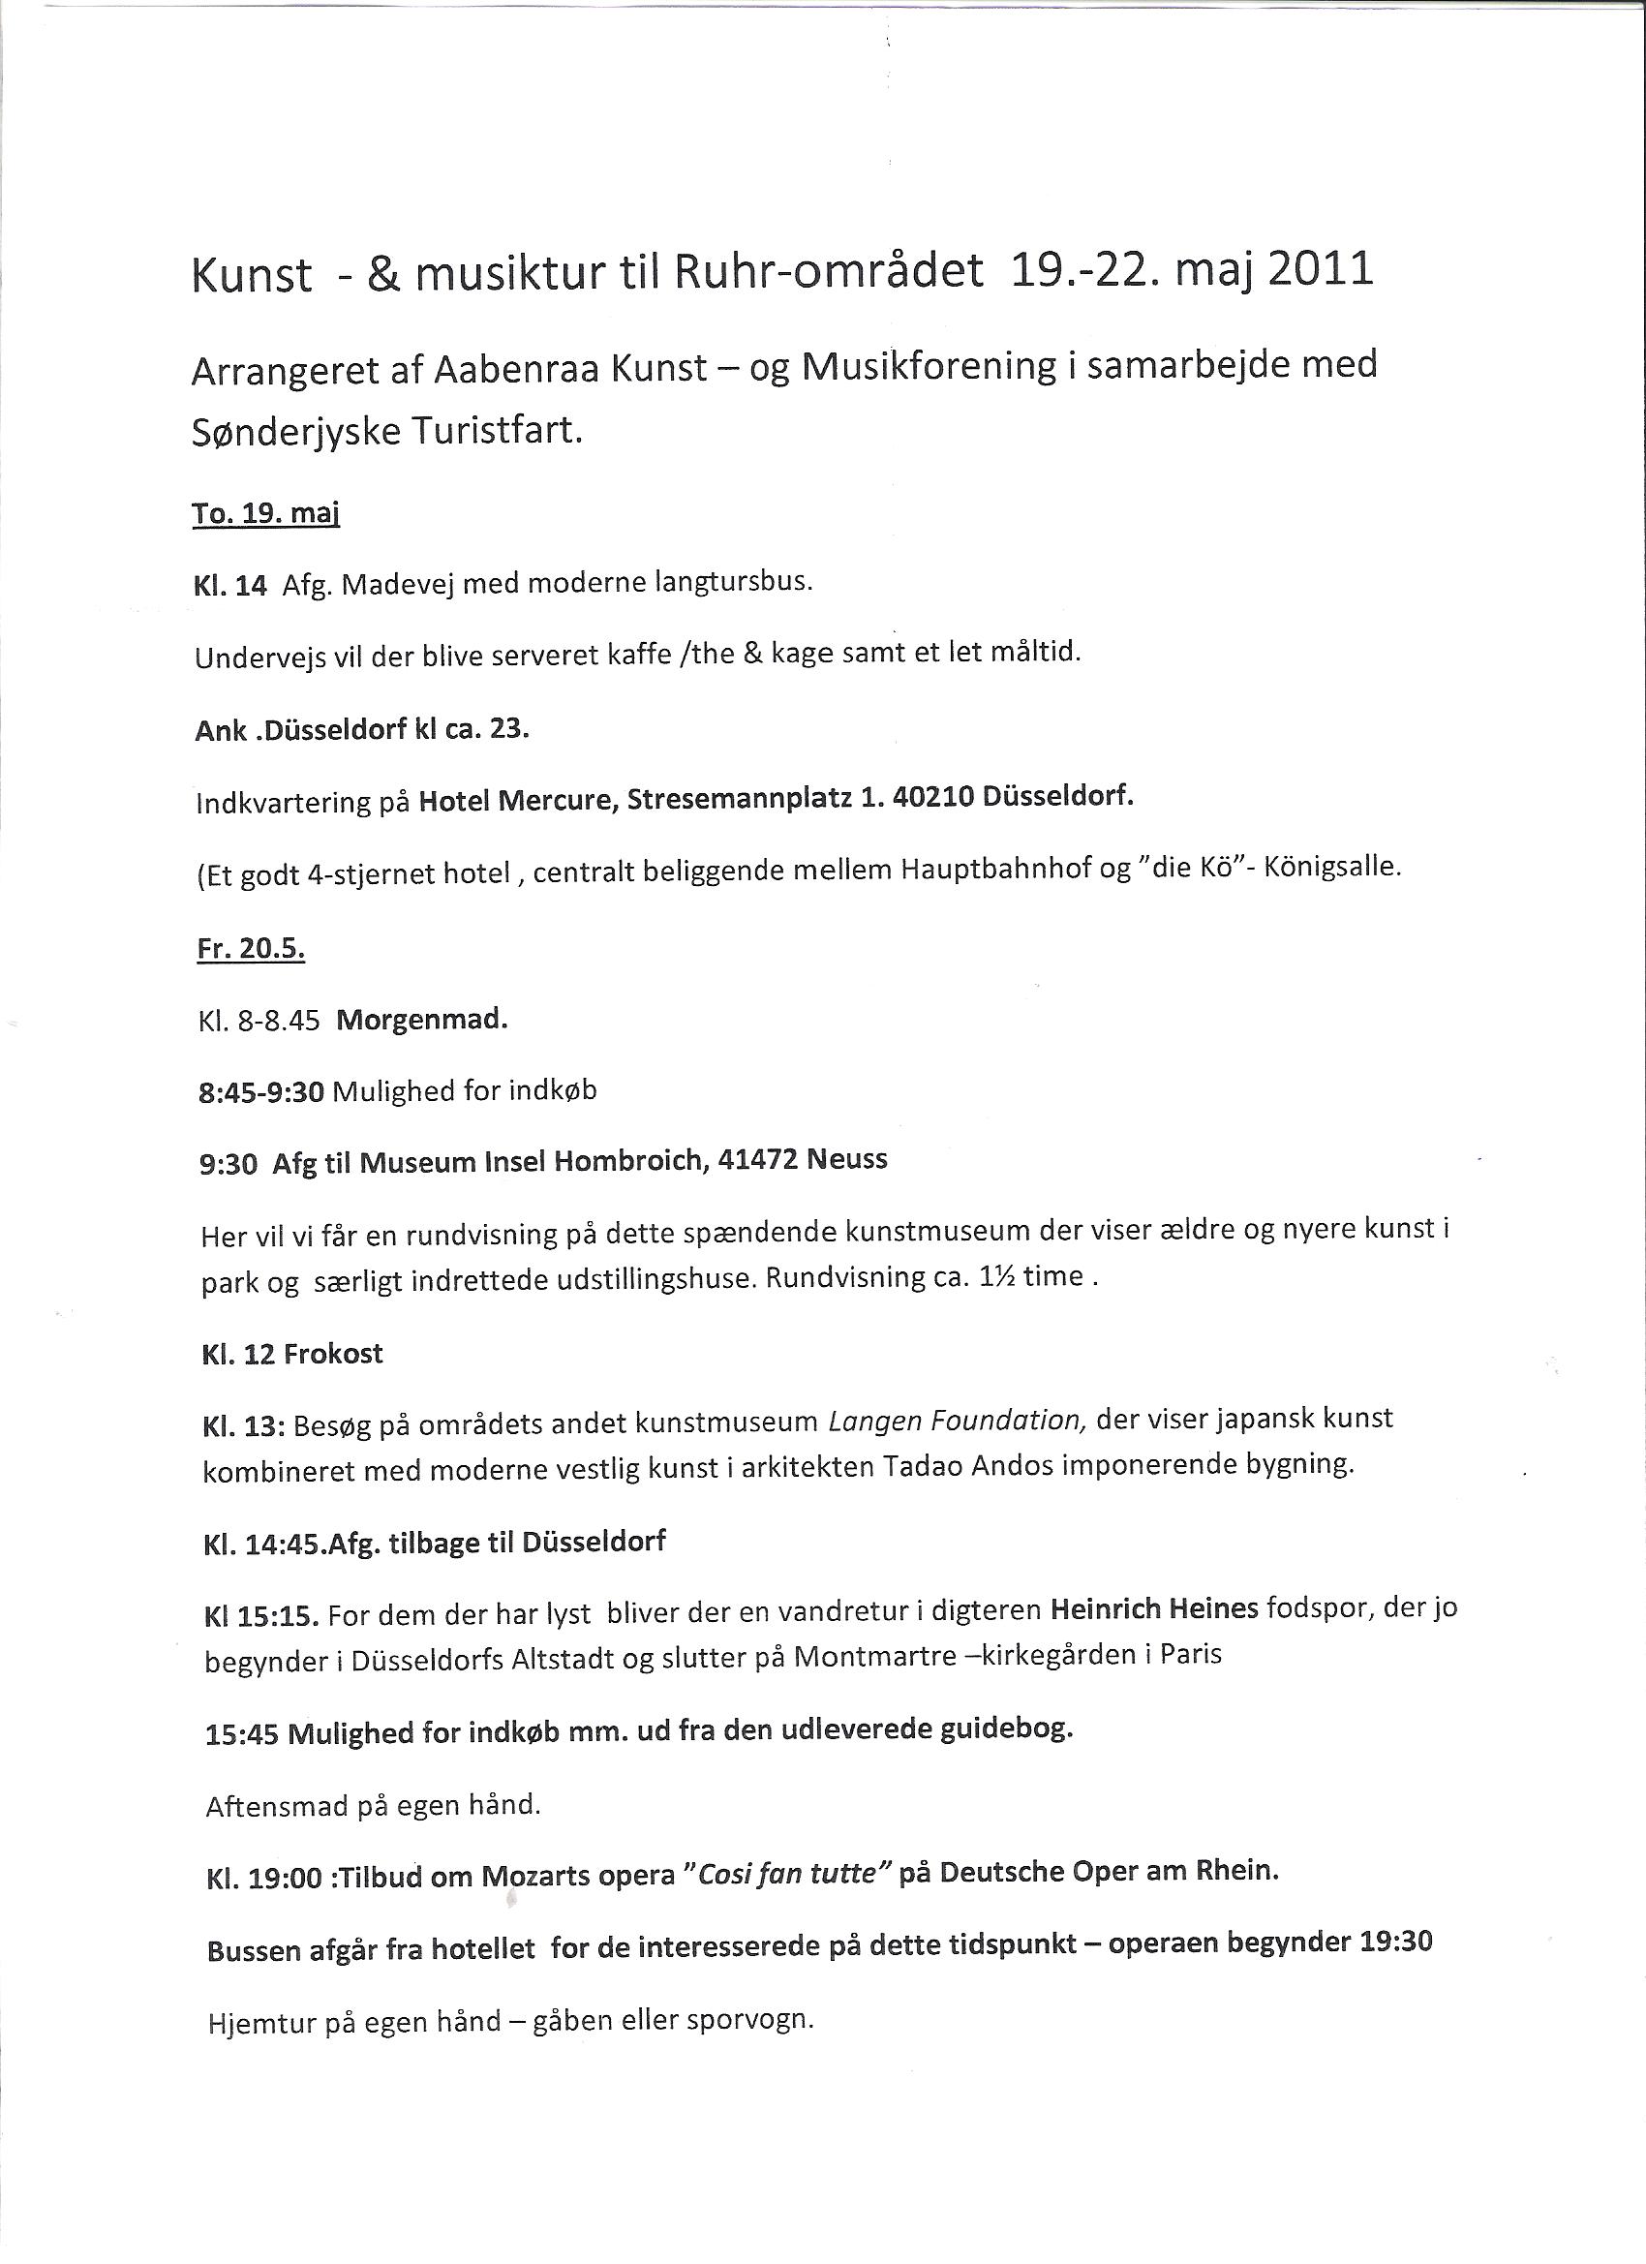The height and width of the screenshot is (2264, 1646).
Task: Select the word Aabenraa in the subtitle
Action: pyautogui.click(x=516, y=370)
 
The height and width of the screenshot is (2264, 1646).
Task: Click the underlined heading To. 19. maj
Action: pyautogui.click(x=265, y=514)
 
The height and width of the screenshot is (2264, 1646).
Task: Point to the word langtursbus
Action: pyautogui.click(x=734, y=581)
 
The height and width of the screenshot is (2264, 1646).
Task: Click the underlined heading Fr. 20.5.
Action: pyautogui.click(x=251, y=948)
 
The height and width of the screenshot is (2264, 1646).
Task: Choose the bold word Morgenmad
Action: pyautogui.click(x=422, y=1022)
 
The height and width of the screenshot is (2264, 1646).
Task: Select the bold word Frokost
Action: pyautogui.click(x=333, y=1355)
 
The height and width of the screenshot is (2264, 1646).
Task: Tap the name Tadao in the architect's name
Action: pyautogui.click(x=927, y=1465)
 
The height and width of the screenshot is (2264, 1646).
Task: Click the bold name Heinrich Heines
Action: pyautogui.click(x=1154, y=1609)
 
